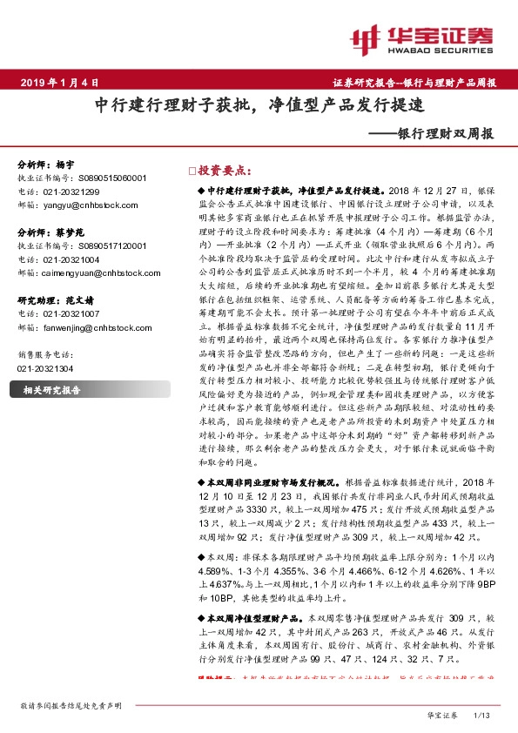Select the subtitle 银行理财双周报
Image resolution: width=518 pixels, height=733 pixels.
tap(445, 134)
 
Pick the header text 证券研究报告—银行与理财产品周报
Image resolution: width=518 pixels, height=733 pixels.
tap(414, 83)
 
